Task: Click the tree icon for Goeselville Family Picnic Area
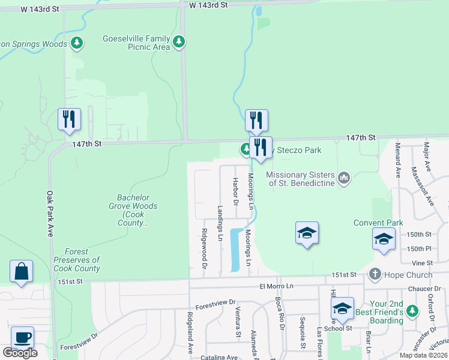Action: (179, 42)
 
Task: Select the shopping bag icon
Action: (21, 271)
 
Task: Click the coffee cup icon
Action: (22, 337)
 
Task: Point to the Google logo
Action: (20, 353)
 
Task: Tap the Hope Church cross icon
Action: (375, 275)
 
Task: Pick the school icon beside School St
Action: (342, 308)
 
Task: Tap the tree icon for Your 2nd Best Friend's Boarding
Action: (411, 311)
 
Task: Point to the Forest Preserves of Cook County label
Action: (76, 260)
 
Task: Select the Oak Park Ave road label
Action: (50, 214)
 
